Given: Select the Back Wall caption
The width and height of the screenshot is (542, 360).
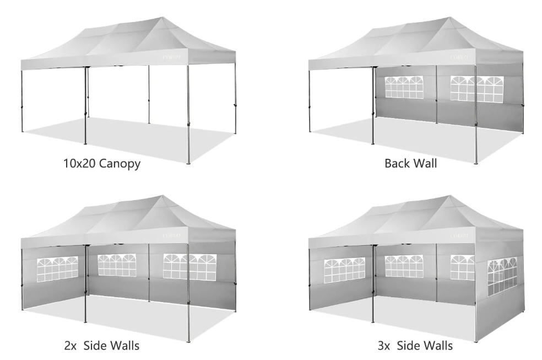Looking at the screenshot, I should pos(410,164).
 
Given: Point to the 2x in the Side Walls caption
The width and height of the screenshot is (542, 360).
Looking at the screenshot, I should pos(71,346).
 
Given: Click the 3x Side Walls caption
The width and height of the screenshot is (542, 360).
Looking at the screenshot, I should pos(415,346).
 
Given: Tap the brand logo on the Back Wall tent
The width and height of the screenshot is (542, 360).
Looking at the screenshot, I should pos(460,56).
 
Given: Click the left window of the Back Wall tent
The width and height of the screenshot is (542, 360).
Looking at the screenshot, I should pos(404,87).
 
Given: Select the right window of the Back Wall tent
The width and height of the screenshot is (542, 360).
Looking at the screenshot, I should pos(476,88).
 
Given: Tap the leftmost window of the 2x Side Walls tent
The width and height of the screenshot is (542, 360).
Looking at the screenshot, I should pos(57,268).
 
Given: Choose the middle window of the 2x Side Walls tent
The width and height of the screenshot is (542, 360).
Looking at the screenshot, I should pos(117,265).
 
